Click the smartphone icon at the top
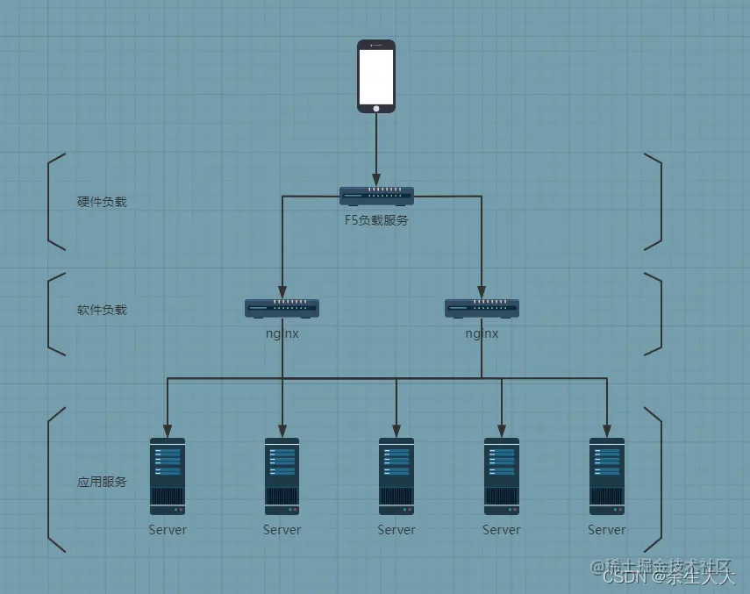pyautogui.click(x=376, y=75)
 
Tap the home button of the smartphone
pyautogui.click(x=376, y=108)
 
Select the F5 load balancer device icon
pyautogui.click(x=376, y=196)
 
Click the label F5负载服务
pyautogui.click(x=376, y=220)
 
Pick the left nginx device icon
pyautogui.click(x=282, y=307)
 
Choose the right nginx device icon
pyautogui.click(x=482, y=307)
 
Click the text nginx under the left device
pyautogui.click(x=282, y=333)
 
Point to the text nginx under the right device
pyautogui.click(x=482, y=333)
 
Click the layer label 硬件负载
pyautogui.click(x=102, y=202)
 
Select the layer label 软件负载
pyautogui.click(x=102, y=310)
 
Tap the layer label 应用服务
pyautogui.click(x=102, y=482)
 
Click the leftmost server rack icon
pyautogui.click(x=168, y=476)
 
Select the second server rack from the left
pyautogui.click(x=282, y=476)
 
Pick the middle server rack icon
pyautogui.click(x=396, y=476)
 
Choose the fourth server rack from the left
pyautogui.click(x=502, y=476)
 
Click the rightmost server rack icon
pyautogui.click(x=607, y=476)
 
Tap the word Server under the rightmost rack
pyautogui.click(x=607, y=530)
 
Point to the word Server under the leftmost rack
pyautogui.click(x=168, y=530)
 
